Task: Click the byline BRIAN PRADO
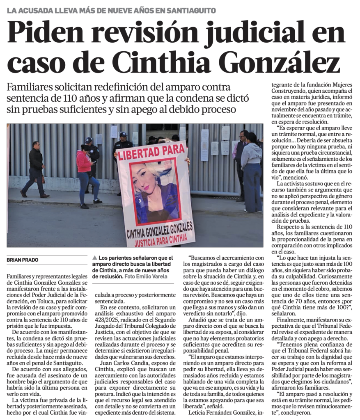click(x=22, y=260)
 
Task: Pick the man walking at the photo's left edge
click(x=35, y=169)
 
